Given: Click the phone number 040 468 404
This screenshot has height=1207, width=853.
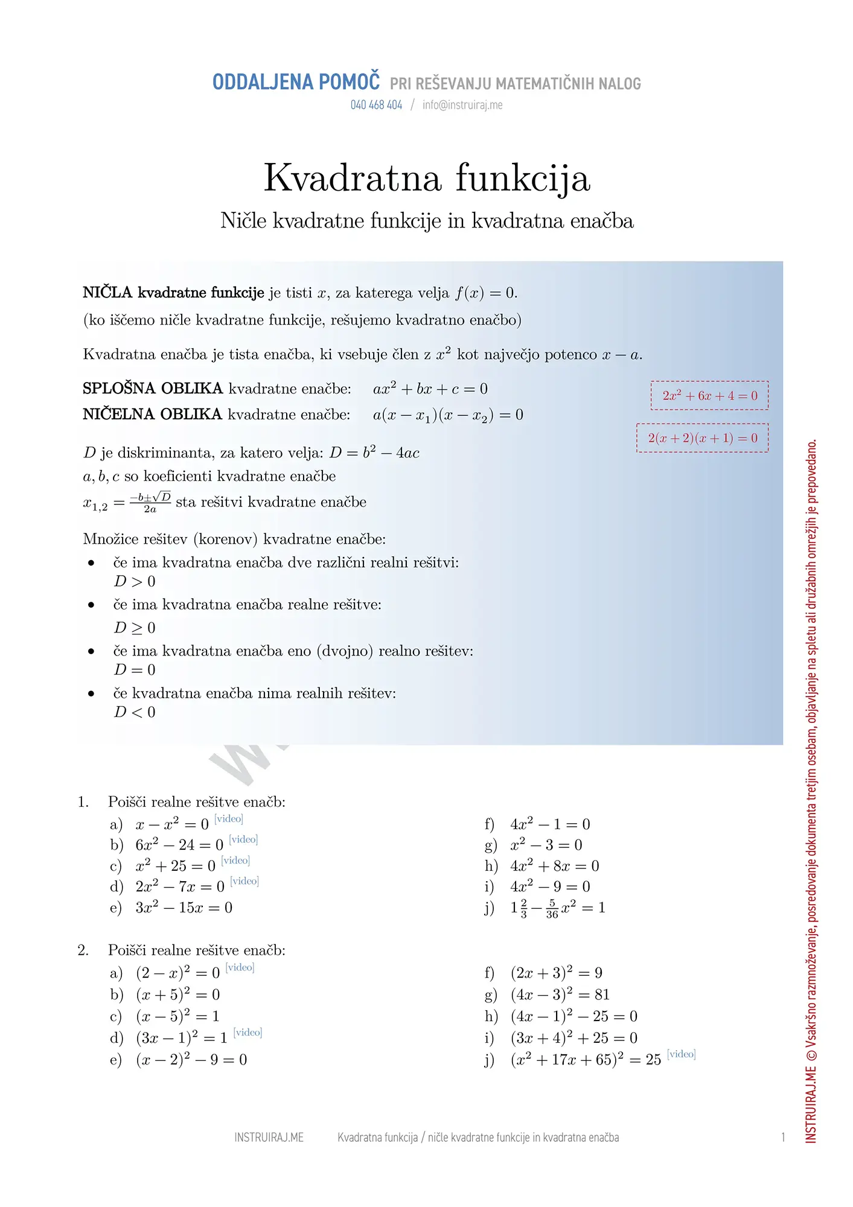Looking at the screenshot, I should (376, 105).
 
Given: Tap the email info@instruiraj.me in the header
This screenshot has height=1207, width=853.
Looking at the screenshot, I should (462, 105).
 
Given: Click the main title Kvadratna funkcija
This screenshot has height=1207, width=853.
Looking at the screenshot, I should (427, 178).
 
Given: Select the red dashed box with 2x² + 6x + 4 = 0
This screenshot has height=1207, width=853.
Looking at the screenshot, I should (709, 396).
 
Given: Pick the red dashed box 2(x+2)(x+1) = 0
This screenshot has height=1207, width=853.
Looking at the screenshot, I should (702, 438).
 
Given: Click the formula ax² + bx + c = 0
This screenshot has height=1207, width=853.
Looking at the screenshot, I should (430, 389).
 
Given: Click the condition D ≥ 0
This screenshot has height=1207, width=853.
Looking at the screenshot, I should (135, 628).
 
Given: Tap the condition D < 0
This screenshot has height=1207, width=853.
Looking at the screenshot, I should (135, 712).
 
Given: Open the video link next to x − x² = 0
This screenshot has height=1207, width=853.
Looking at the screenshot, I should (229, 819).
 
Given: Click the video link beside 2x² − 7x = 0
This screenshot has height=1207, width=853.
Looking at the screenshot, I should (244, 881).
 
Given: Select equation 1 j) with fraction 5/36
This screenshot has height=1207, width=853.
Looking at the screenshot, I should (557, 908).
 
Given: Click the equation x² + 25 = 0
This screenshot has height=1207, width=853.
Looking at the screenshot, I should (175, 866).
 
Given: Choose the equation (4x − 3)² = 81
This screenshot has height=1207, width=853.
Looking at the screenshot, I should (560, 995).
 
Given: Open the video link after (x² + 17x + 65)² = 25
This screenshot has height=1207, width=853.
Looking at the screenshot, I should (682, 1054).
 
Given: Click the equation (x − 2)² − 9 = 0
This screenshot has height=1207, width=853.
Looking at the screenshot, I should (191, 1060).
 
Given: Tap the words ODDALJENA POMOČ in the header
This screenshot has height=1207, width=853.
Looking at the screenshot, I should (296, 82).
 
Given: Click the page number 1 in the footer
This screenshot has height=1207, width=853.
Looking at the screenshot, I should (783, 1138).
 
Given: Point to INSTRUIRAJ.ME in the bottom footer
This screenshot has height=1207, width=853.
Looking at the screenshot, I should (269, 1138).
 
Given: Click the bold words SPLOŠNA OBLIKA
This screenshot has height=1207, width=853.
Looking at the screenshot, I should (153, 389).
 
